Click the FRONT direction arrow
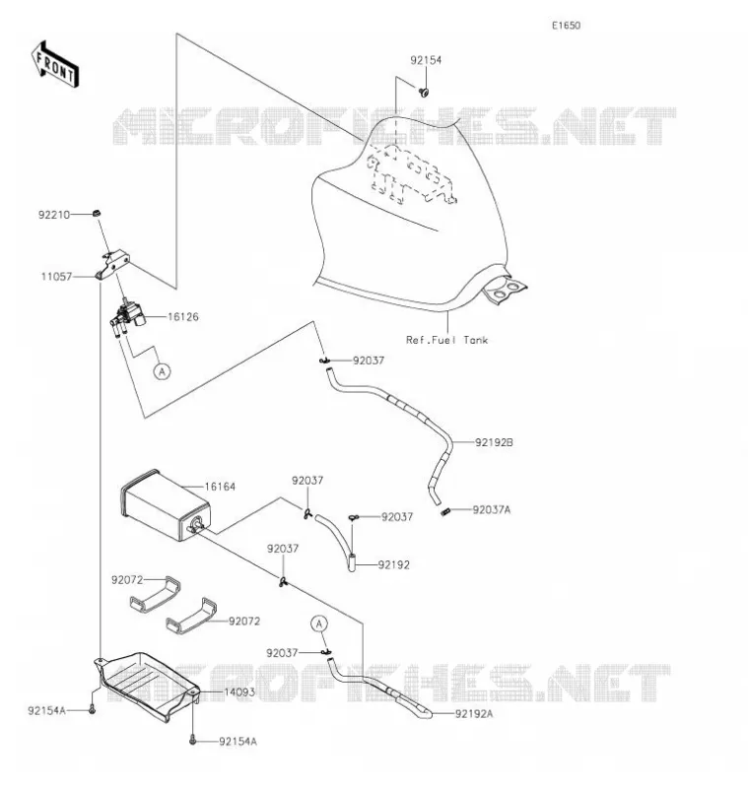[55, 65]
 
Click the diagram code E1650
[566, 26]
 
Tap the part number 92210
[54, 215]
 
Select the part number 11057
[57, 277]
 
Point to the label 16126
[183, 317]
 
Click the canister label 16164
[220, 487]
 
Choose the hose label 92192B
[494, 442]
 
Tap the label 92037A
[491, 509]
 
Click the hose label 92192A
[474, 713]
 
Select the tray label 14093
[239, 692]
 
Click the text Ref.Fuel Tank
[446, 340]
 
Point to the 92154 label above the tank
[426, 60]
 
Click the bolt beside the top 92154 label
[424, 92]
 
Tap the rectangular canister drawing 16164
[165, 504]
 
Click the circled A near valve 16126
[162, 371]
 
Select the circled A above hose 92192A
[319, 624]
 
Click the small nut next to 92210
[97, 213]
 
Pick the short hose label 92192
[393, 564]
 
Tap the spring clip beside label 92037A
[444, 512]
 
